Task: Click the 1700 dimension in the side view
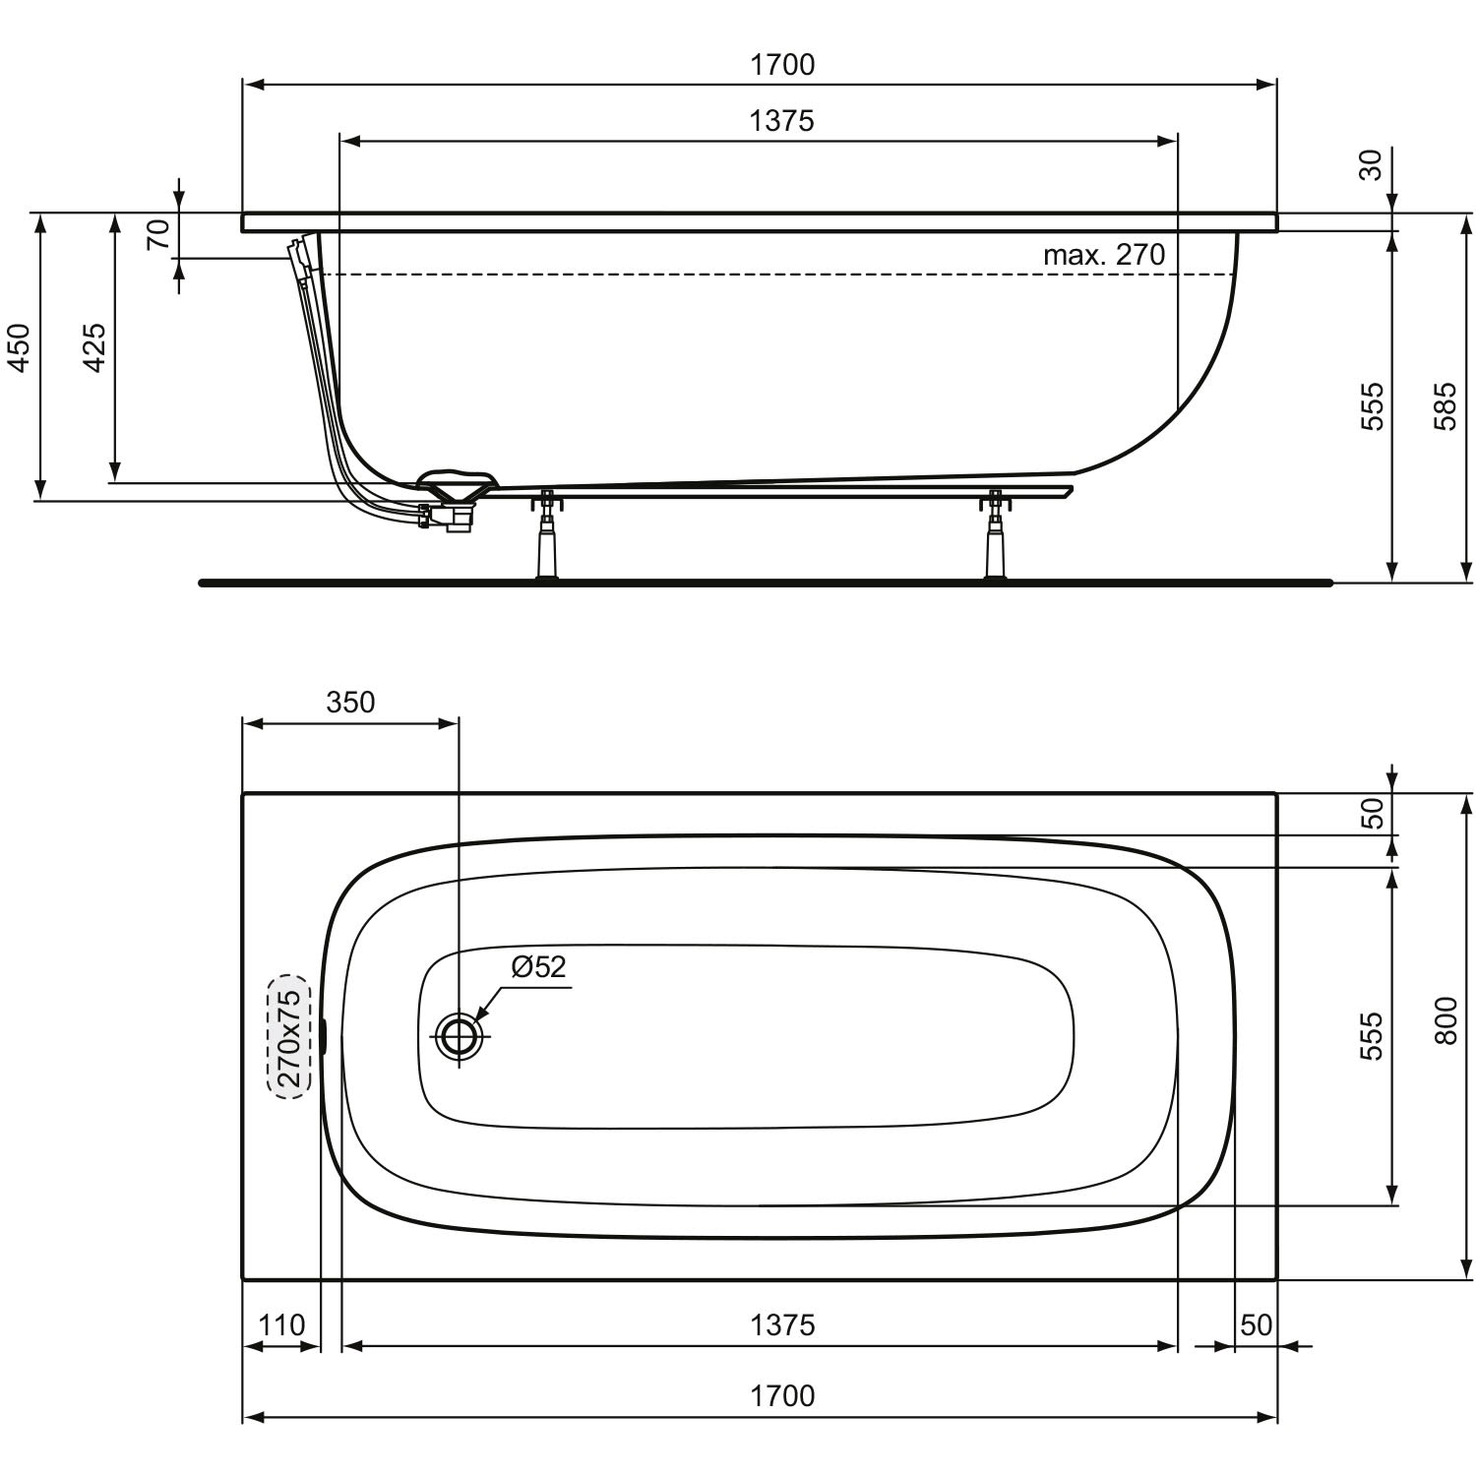(x=782, y=65)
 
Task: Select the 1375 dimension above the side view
(x=782, y=121)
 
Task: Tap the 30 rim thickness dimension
(x=1371, y=163)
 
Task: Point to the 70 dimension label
(x=158, y=234)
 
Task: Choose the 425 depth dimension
(x=94, y=346)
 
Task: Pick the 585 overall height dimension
(x=1445, y=405)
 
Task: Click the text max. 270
(x=1104, y=255)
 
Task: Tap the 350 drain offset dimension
(x=351, y=703)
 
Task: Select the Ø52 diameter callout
(x=539, y=966)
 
